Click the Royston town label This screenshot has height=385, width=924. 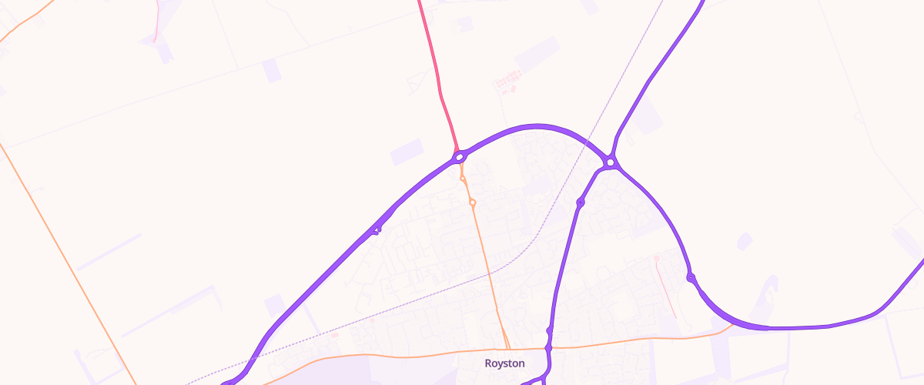point(504,363)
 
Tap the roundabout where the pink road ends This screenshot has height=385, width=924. point(460,157)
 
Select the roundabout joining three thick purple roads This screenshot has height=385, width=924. point(610,162)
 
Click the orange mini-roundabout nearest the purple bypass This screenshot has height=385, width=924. point(462,179)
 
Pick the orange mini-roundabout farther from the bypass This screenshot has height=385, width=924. point(472,203)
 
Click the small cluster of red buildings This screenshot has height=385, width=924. point(507,79)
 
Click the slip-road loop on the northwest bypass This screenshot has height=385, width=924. point(376,229)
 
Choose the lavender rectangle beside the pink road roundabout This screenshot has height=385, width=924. point(407,152)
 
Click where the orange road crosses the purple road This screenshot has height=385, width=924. point(548,349)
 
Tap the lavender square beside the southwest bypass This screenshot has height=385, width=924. point(274,305)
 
